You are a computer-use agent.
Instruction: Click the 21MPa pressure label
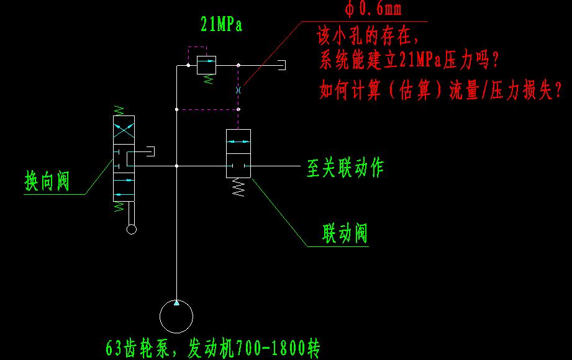click(x=222, y=24)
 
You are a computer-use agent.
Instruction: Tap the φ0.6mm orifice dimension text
click(x=373, y=9)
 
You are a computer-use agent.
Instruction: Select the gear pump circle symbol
click(x=176, y=316)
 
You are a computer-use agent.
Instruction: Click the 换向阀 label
click(x=47, y=181)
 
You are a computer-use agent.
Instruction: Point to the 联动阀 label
click(x=345, y=233)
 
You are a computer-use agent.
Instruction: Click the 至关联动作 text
click(x=345, y=168)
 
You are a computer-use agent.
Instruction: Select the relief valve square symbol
click(x=206, y=65)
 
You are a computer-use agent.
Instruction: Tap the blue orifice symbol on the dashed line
click(x=238, y=90)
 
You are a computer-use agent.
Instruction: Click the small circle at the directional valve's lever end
click(x=131, y=230)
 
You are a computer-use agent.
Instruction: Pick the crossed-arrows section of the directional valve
click(x=124, y=130)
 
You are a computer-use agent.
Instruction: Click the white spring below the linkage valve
click(x=238, y=187)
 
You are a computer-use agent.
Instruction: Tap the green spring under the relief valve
click(x=208, y=79)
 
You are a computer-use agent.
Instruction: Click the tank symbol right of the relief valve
click(x=281, y=65)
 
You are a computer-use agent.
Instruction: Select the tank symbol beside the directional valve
click(x=150, y=151)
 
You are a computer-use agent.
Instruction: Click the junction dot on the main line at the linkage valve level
click(x=176, y=166)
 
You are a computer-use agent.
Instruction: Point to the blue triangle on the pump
click(x=176, y=303)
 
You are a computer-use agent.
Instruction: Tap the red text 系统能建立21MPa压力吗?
click(x=409, y=60)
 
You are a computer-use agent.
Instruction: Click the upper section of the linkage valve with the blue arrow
click(x=238, y=142)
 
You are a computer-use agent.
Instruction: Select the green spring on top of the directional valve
click(x=119, y=110)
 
